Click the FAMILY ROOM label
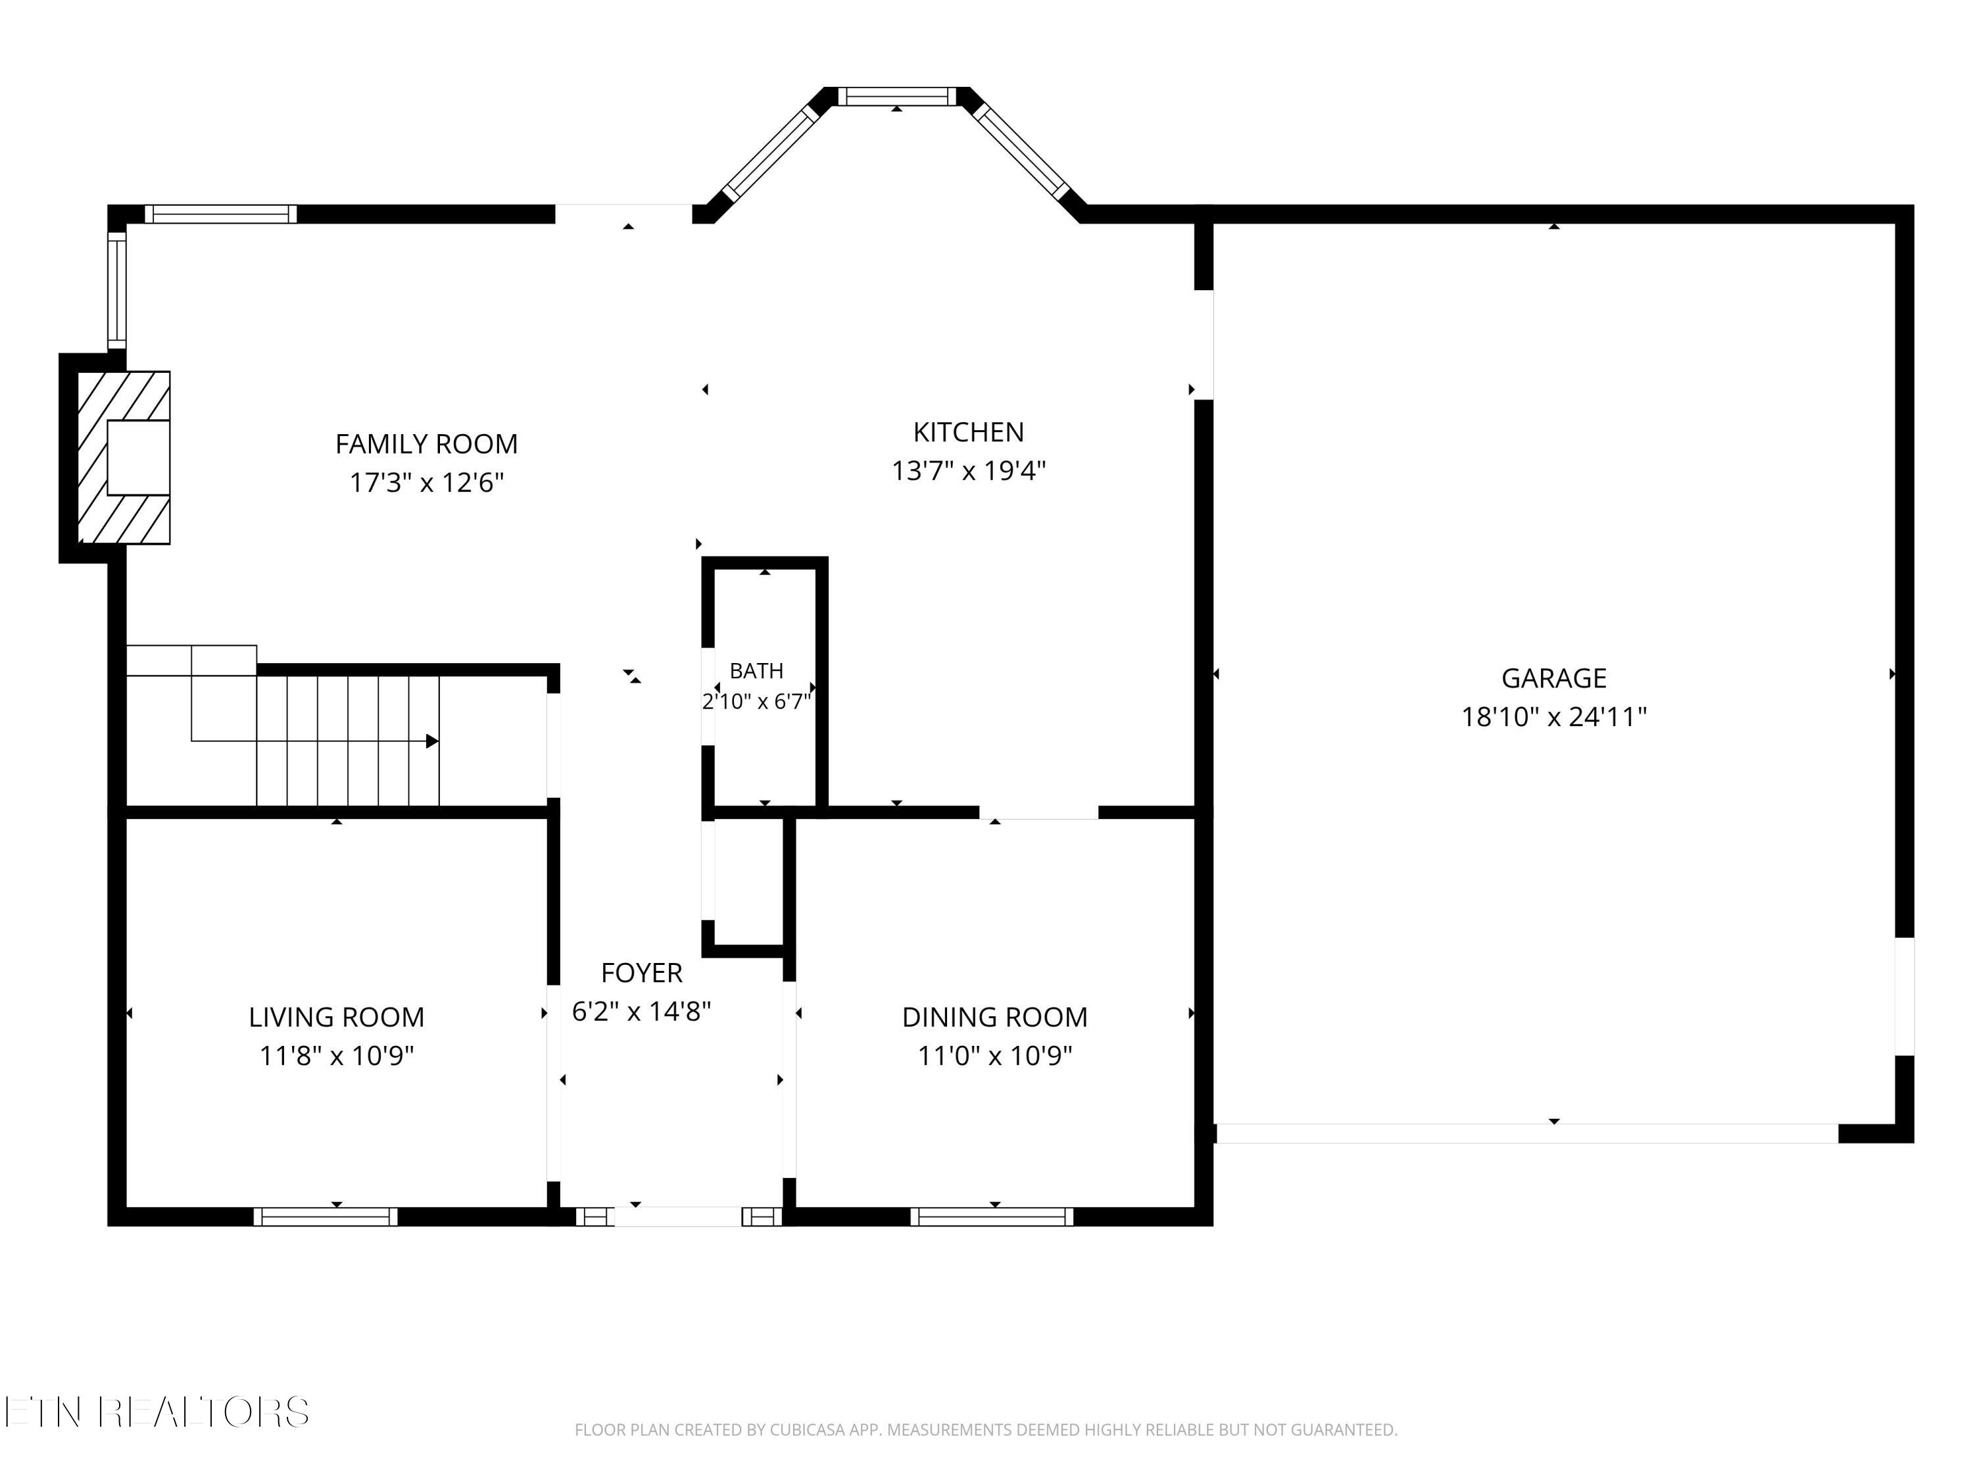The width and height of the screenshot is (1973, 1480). pos(426,443)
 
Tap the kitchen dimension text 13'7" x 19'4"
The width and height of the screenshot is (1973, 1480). pos(969,470)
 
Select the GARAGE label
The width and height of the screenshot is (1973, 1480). pos(1554,678)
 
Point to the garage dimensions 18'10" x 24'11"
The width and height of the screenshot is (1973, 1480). pos(1554,716)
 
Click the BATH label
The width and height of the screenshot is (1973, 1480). pos(756,670)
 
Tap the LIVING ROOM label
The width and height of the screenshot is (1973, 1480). pos(336,1017)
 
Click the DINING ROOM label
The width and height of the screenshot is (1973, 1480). pos(994,1017)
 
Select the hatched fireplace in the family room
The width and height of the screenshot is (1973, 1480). pos(124,458)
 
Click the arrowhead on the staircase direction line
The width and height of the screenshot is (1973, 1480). pos(433,741)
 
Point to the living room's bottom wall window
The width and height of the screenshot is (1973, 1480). pos(326,1217)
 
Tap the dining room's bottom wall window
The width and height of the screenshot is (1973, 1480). pos(992,1217)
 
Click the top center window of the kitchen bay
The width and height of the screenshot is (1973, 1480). pos(896,96)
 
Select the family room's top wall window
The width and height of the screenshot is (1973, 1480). pos(220,214)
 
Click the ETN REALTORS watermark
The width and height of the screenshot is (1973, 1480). pos(157,1412)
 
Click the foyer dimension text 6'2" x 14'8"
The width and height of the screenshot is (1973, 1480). pos(641,1011)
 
